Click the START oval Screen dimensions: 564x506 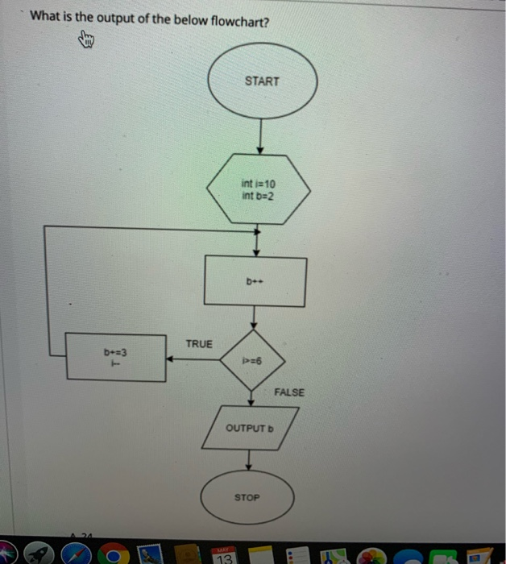coord(263,81)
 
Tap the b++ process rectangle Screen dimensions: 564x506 coord(255,282)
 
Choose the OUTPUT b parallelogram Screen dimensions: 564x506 coord(251,428)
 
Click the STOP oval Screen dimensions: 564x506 coord(247,497)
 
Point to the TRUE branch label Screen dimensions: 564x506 coord(199,344)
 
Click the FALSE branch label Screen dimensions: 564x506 coord(289,392)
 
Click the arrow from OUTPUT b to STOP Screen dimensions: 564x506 coord(249,460)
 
